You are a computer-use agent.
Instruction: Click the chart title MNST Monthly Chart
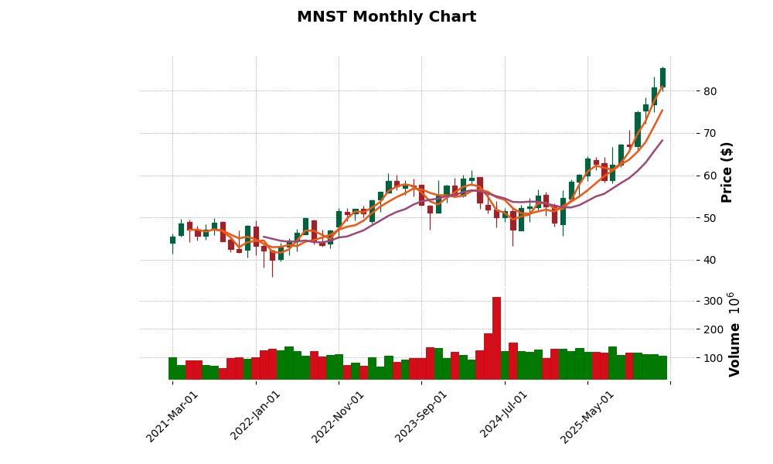pyautogui.click(x=386, y=17)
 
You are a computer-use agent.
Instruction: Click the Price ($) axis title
pyautogui.click(x=727, y=172)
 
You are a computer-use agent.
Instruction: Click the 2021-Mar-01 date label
pyautogui.click(x=172, y=416)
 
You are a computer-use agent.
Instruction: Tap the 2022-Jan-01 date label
pyautogui.click(x=256, y=416)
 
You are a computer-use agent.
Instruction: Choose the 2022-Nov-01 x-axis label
pyautogui.click(x=339, y=416)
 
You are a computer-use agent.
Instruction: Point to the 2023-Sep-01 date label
pyautogui.click(x=421, y=416)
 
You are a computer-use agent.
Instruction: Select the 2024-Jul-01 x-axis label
pyautogui.click(x=504, y=416)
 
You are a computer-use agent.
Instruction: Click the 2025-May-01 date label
pyautogui.click(x=587, y=416)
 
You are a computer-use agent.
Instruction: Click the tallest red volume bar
pyautogui.click(x=496, y=338)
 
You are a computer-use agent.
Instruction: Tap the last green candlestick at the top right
pyautogui.click(x=662, y=77)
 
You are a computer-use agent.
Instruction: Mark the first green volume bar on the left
pyautogui.click(x=172, y=368)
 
